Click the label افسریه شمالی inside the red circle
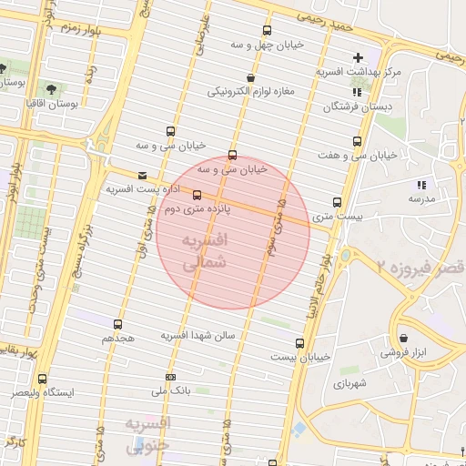(202, 252)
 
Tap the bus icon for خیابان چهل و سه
(267, 30)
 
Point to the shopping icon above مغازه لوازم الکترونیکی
(250, 78)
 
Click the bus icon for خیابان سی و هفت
(357, 141)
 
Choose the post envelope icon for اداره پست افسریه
(141, 176)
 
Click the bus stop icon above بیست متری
(338, 202)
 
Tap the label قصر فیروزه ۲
(420, 265)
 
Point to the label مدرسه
(422, 198)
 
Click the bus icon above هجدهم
(117, 324)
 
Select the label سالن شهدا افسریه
(198, 335)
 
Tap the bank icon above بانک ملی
(170, 377)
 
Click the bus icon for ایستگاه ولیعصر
(42, 379)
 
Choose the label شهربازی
(349, 384)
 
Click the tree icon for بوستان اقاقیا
(51, 89)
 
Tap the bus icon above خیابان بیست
(300, 343)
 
